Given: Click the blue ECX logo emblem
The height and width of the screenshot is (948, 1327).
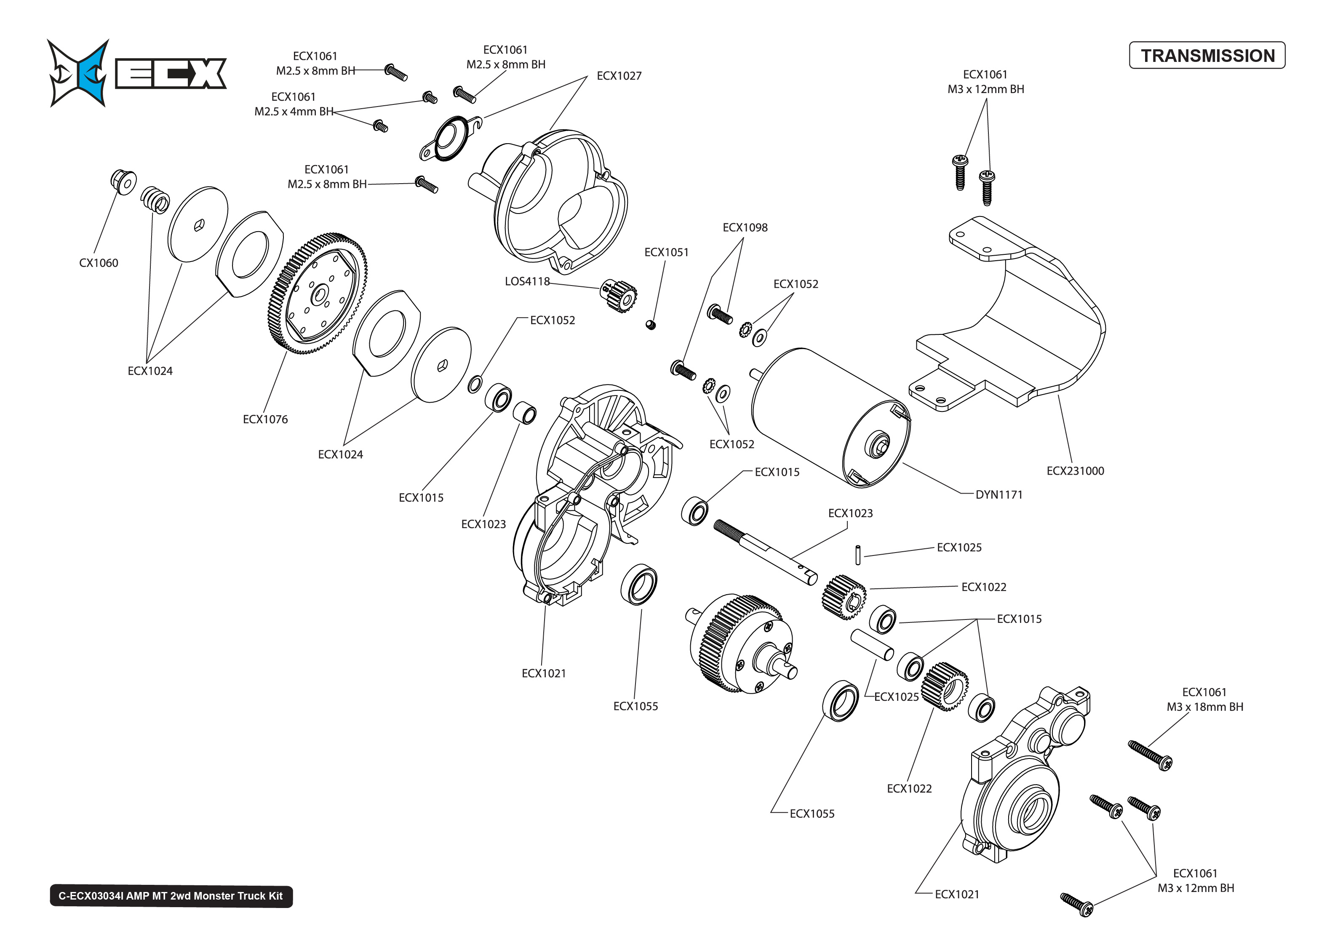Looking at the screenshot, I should tap(79, 73).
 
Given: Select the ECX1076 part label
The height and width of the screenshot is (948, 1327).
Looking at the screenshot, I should tap(265, 419).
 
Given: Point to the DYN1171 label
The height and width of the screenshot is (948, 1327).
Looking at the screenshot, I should tap(999, 494).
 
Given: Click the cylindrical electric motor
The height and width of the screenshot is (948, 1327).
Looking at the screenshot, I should tap(829, 417).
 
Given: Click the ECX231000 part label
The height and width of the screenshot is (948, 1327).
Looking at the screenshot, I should tap(1075, 470).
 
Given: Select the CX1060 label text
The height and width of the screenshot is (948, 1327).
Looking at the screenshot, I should tap(99, 263).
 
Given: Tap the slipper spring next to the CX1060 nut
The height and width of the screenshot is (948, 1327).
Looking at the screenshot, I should tap(155, 200).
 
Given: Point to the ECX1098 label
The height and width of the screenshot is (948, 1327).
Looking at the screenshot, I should tap(745, 227).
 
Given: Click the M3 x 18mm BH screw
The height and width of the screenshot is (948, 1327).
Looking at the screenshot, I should tap(1150, 756).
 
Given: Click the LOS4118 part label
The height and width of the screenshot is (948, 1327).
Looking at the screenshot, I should tap(527, 281).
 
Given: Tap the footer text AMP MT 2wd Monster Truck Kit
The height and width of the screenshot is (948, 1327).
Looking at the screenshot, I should tap(171, 896).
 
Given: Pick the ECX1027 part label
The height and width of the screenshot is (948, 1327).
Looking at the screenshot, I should tap(619, 76).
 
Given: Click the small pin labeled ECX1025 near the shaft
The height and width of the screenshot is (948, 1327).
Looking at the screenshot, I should tap(858, 555).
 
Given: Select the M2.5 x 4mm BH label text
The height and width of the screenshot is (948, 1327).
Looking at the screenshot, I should tap(294, 112).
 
